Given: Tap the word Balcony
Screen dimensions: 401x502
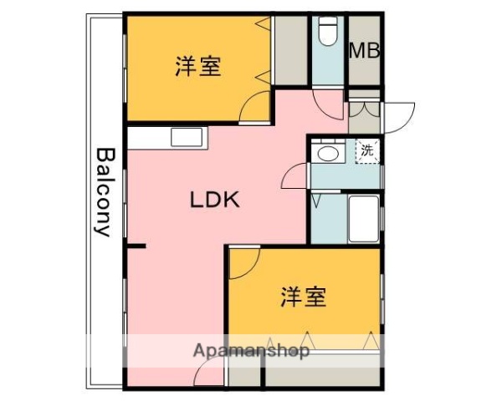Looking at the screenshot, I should tap(104, 192).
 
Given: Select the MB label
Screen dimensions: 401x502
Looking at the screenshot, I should tap(364, 50).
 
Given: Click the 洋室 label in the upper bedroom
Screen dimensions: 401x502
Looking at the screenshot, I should tap(198, 67).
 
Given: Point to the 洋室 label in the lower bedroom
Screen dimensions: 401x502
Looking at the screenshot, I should tap(303, 296).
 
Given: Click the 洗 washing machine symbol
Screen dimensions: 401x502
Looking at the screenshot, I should tap(367, 152).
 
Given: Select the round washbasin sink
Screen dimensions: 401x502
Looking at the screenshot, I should tap(327, 154).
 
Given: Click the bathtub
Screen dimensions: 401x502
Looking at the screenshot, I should tap(364, 219).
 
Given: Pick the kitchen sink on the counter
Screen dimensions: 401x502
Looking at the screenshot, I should tap(183, 137).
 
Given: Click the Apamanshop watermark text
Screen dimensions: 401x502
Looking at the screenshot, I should tap(252, 351).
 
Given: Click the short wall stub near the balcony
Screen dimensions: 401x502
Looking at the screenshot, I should tap(136, 246).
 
